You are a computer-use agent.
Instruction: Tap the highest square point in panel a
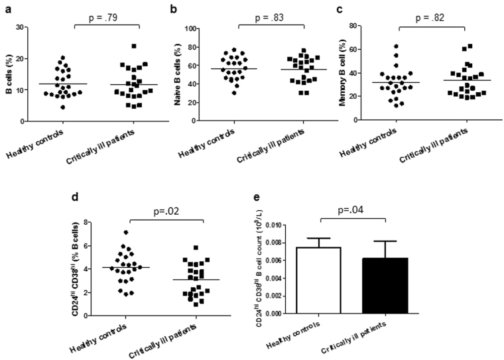pos(133,46)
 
